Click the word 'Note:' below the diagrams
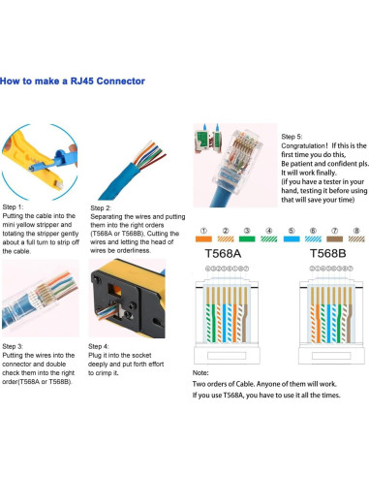coord(201,372)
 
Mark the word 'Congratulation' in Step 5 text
coord(304,146)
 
